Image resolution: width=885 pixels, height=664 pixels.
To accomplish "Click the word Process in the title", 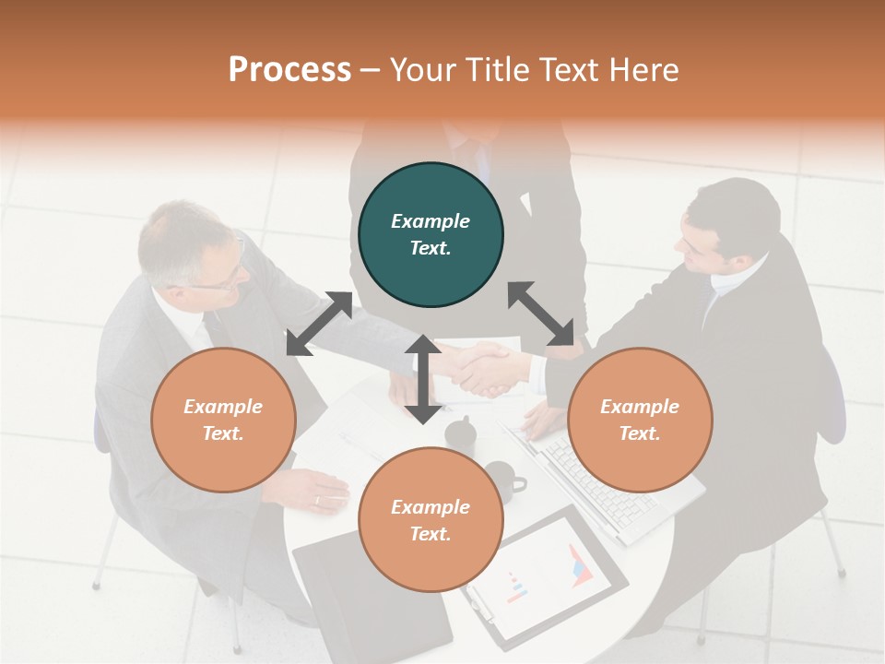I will [x=289, y=70].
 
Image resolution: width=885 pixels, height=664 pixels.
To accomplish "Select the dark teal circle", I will [x=431, y=235].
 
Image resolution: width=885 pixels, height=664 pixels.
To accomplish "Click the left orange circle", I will [x=223, y=420].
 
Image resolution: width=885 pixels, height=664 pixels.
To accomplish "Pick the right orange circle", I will [x=640, y=420].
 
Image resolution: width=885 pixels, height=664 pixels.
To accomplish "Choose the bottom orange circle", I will [x=431, y=520].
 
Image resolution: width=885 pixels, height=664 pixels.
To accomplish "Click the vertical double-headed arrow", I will [x=423, y=379].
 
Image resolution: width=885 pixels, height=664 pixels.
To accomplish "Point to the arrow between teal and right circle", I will [x=541, y=314].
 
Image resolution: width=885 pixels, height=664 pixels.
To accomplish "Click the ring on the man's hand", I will [x=317, y=501].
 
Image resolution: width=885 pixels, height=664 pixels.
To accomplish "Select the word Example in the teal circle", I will [x=431, y=221].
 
